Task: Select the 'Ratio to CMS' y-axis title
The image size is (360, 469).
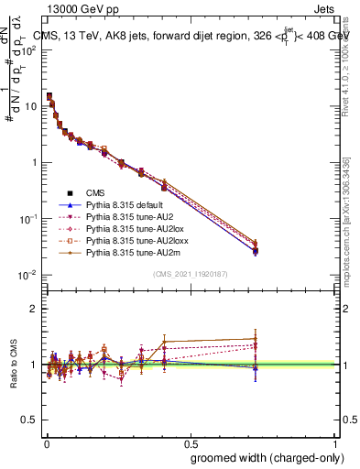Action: coord(12,365)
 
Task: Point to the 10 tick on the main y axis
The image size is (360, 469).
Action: coord(32,106)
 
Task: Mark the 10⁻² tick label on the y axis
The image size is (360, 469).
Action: coord(29,276)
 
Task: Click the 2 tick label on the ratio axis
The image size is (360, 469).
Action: coord(35,309)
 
